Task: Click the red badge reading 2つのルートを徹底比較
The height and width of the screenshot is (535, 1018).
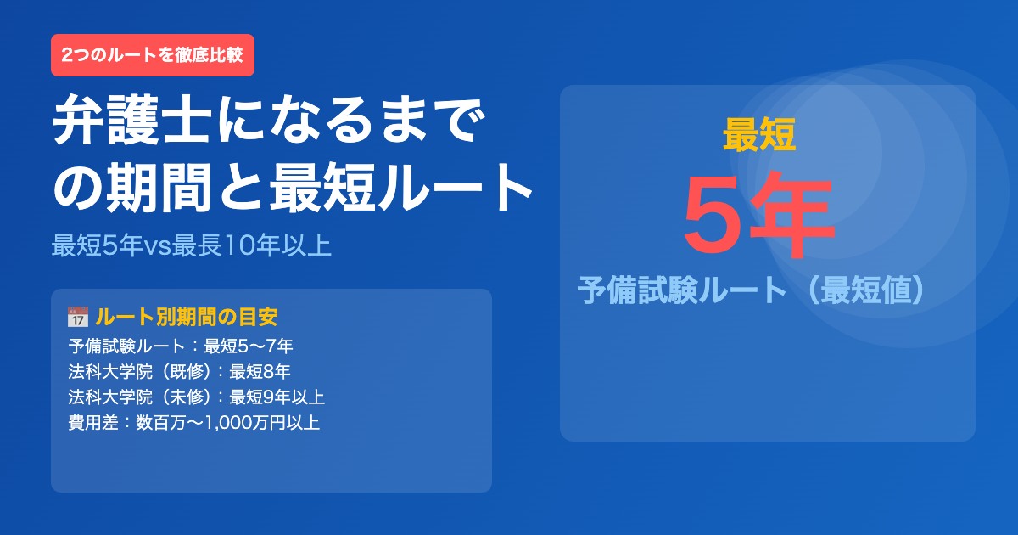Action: click(153, 55)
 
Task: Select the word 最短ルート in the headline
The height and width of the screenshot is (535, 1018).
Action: click(400, 189)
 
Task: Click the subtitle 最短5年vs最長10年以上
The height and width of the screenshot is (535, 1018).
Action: click(191, 245)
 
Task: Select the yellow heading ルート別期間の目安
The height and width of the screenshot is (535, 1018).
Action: click(187, 318)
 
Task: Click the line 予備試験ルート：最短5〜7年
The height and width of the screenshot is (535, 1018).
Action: click(181, 346)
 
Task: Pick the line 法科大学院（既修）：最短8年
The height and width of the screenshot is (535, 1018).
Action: click(180, 372)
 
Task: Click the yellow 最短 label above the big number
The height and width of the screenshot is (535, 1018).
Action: click(759, 136)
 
